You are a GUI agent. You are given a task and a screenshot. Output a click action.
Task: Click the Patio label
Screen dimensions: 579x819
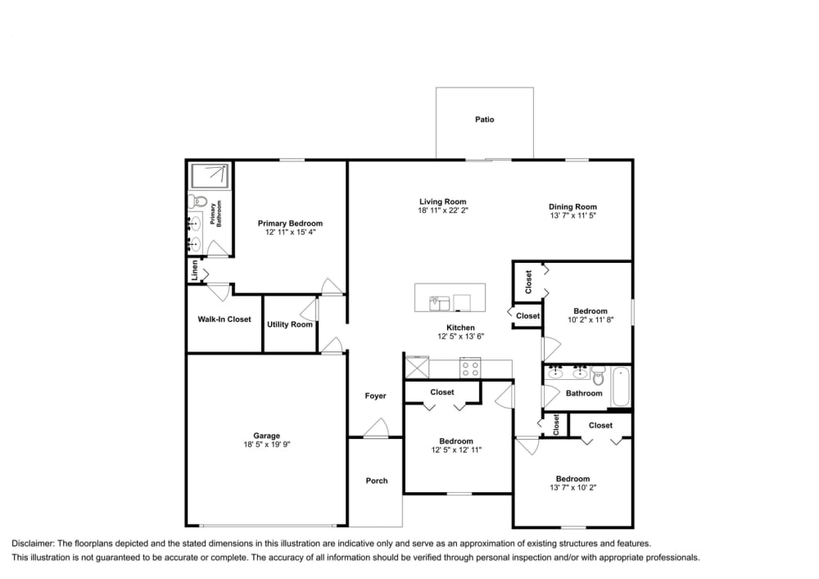(x=485, y=120)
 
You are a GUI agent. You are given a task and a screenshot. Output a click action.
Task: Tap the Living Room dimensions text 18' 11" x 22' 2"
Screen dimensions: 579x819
(x=443, y=210)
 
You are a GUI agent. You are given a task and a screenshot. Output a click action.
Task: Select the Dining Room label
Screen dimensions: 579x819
(x=572, y=207)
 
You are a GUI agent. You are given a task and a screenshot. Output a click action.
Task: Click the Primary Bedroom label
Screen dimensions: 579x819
(x=290, y=223)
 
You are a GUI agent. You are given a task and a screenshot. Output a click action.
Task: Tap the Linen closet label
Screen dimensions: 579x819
(x=195, y=271)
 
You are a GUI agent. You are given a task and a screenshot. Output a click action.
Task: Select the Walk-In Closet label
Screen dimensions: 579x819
(x=224, y=319)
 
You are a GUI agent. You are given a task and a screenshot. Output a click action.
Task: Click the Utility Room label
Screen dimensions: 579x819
(x=290, y=324)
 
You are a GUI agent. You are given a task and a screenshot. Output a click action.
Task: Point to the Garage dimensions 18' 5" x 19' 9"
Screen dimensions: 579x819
(x=267, y=445)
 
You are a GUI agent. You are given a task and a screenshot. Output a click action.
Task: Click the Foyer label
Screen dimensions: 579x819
(x=375, y=396)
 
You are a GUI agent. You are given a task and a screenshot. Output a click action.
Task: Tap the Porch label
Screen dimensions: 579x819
(x=377, y=481)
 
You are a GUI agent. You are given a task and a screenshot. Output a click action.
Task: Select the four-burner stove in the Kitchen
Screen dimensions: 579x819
(x=470, y=369)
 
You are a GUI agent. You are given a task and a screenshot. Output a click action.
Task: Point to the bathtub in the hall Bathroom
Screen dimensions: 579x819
(x=620, y=386)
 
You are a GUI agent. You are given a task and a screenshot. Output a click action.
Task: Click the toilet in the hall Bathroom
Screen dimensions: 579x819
(x=598, y=378)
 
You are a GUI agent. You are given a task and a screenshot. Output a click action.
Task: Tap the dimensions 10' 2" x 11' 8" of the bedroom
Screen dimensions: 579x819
(x=590, y=320)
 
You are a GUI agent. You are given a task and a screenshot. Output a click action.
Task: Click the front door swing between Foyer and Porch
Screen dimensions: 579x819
(x=376, y=428)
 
